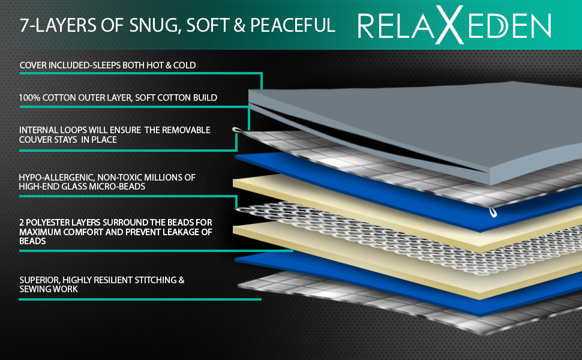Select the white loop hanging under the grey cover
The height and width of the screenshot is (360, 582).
click(493, 210)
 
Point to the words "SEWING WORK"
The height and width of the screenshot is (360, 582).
click(49, 289)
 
